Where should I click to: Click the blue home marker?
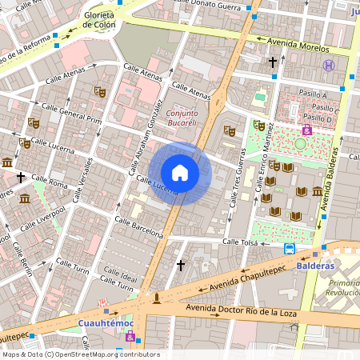(x=180, y=173)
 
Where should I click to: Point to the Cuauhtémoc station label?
(x=104, y=324)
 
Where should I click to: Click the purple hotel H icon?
(x=328, y=66)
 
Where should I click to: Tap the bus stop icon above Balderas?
(x=290, y=249)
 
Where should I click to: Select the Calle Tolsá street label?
(x=242, y=241)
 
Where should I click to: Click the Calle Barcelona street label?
(x=138, y=227)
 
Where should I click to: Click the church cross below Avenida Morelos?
(x=272, y=62)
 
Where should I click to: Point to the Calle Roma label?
(x=56, y=183)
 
